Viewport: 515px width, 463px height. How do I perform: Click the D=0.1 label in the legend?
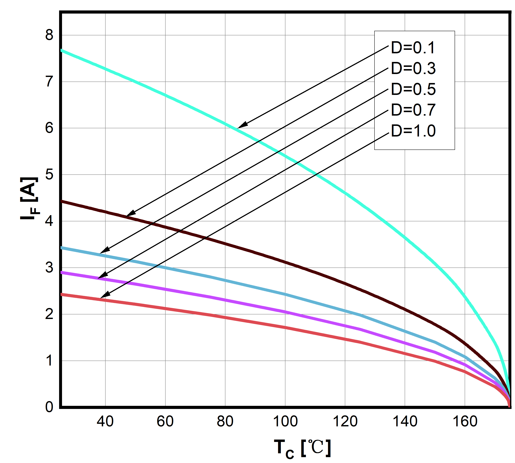coord(413,48)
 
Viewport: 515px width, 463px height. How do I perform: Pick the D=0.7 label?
coord(413,110)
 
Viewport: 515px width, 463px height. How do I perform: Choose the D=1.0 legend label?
coord(413,131)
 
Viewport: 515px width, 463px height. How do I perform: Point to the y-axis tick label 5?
coord(49,174)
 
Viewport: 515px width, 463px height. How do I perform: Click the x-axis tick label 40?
coord(105,422)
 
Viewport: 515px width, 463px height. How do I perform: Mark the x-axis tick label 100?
coord(285,422)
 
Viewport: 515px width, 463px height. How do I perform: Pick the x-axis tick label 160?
coord(465,422)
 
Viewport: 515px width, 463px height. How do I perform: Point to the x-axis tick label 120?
coord(345,422)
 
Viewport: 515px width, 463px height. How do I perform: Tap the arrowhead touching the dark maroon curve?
coord(131,213)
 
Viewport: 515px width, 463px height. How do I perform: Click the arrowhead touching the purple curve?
coord(102,276)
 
